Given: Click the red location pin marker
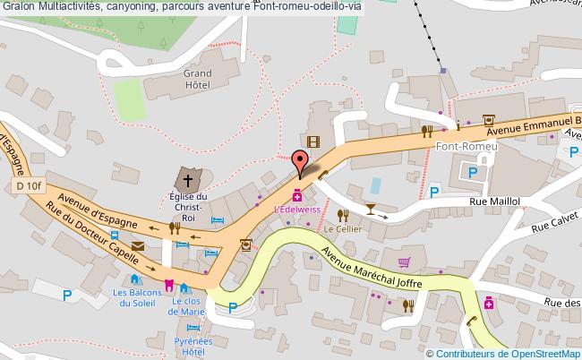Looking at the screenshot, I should (x=302, y=162).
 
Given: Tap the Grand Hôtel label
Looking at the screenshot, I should (x=197, y=80).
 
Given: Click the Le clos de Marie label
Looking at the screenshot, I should (x=189, y=306).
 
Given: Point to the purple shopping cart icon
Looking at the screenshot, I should (x=404, y=261).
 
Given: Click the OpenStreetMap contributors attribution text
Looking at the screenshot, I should (x=503, y=353).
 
